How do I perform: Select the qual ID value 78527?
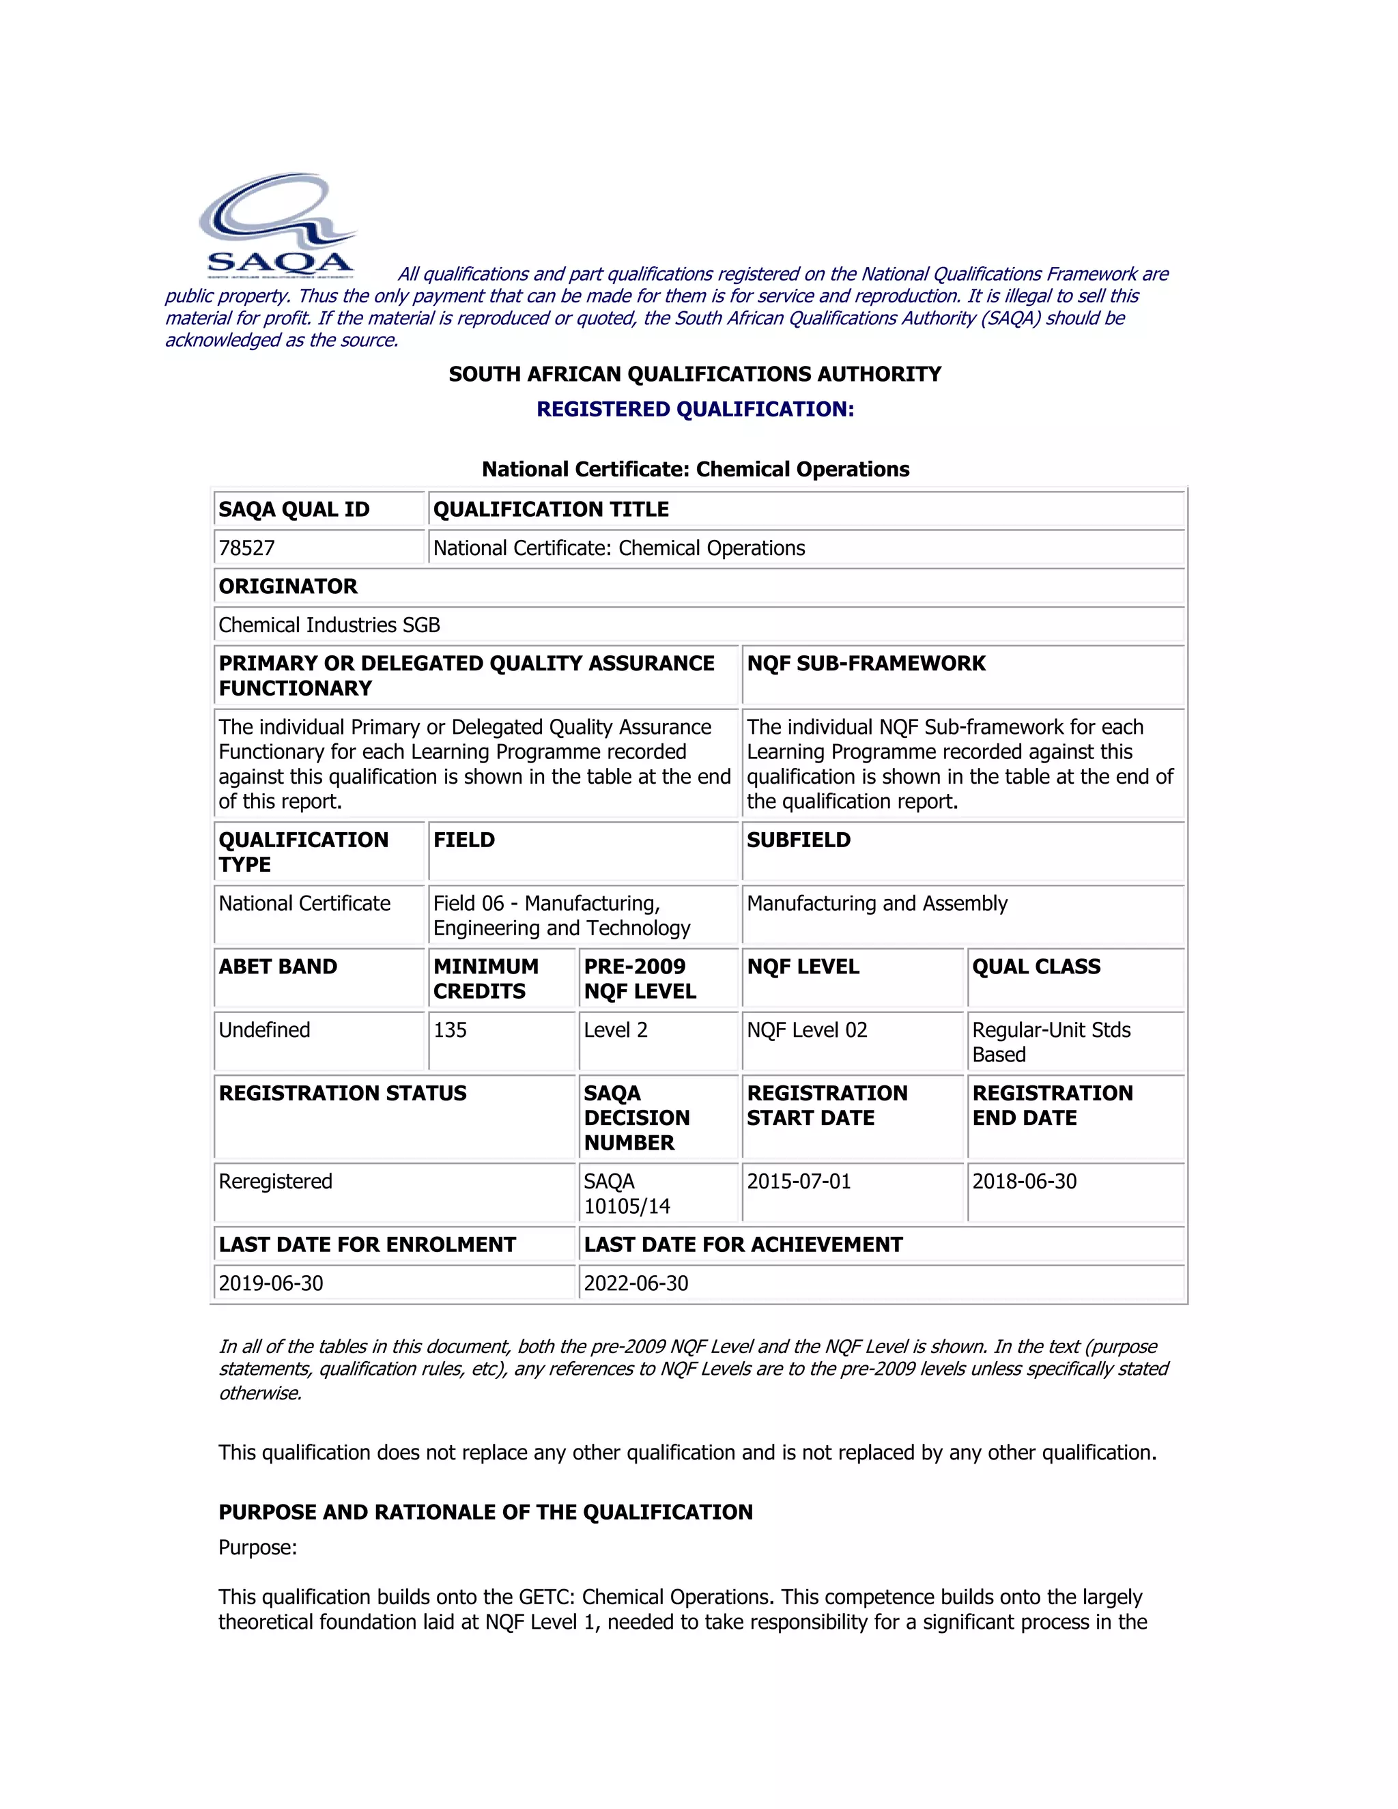point(247,548)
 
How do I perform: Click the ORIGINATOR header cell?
point(288,586)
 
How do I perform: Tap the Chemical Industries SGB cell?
point(330,625)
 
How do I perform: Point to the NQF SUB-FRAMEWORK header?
point(866,664)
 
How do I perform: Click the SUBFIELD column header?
point(799,840)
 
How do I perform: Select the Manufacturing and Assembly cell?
point(877,904)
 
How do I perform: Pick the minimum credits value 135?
point(451,1030)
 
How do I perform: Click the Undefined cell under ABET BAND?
point(265,1030)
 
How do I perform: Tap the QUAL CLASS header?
point(1036,967)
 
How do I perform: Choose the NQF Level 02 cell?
point(808,1030)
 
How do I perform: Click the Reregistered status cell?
point(276,1182)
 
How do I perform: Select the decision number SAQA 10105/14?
point(627,1195)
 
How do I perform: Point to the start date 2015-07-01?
point(799,1182)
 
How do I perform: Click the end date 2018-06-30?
point(1025,1182)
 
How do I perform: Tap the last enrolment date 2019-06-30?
point(271,1284)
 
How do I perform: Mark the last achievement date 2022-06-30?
point(636,1284)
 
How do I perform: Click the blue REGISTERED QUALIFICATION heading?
point(695,409)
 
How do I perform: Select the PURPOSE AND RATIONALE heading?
point(486,1513)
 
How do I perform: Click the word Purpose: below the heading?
point(257,1548)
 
